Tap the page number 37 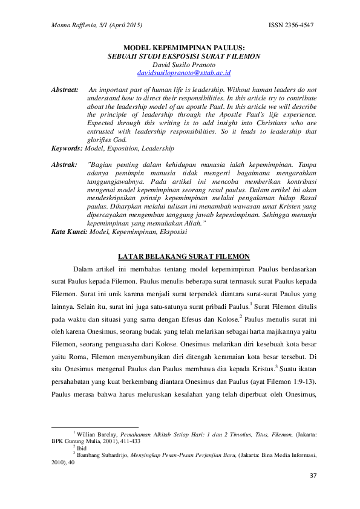pyautogui.click(x=312, y=475)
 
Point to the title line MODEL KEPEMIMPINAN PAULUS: pyautogui.click(x=183, y=47)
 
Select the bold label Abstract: pyautogui.click(x=65, y=89)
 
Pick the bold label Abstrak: pyautogui.click(x=64, y=164)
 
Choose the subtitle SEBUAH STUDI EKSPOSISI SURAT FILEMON pyautogui.click(x=183, y=56)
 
